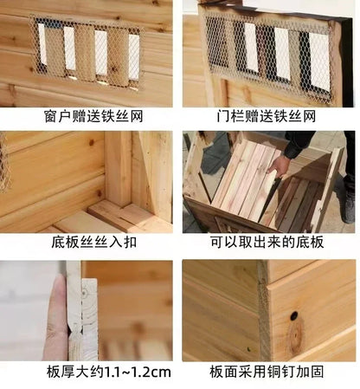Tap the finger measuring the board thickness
point(55,316)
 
